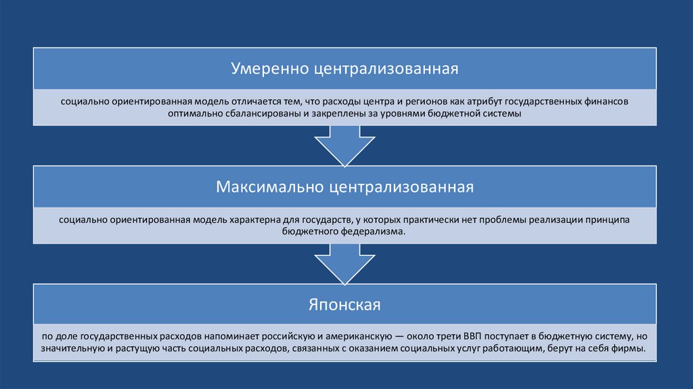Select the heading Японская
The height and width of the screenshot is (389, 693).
tap(345, 305)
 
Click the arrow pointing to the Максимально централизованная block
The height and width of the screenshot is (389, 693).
tap(345, 145)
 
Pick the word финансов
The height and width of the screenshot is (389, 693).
tap(606, 102)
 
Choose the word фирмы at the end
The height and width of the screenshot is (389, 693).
tap(630, 350)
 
